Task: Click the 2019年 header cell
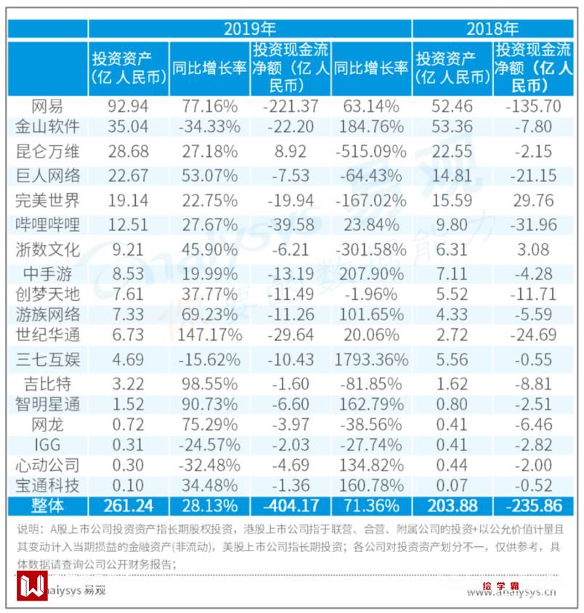point(249,29)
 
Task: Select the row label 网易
point(47,106)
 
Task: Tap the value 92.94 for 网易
point(128,106)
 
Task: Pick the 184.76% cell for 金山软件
point(370,126)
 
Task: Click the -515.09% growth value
point(370,152)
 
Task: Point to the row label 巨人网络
point(47,175)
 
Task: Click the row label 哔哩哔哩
point(47,224)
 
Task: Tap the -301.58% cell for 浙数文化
point(370,250)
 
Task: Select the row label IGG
point(47,444)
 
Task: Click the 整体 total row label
point(47,505)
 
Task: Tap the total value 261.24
point(128,505)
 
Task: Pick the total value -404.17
point(289,505)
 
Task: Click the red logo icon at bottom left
point(32,585)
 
